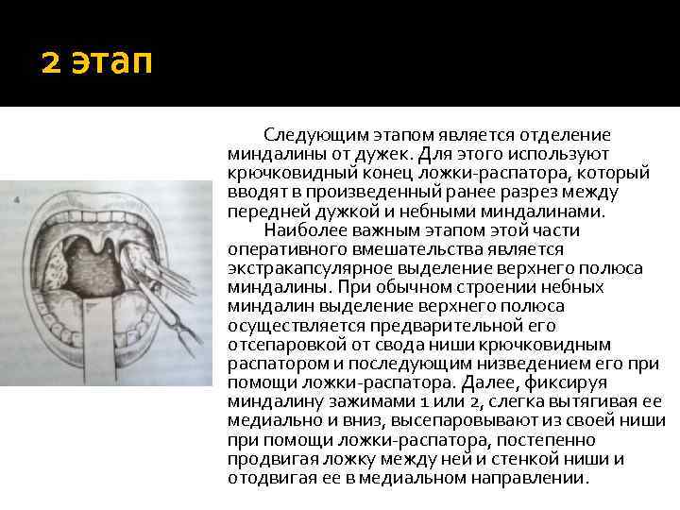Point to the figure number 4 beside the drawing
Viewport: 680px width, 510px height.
coord(18,200)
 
